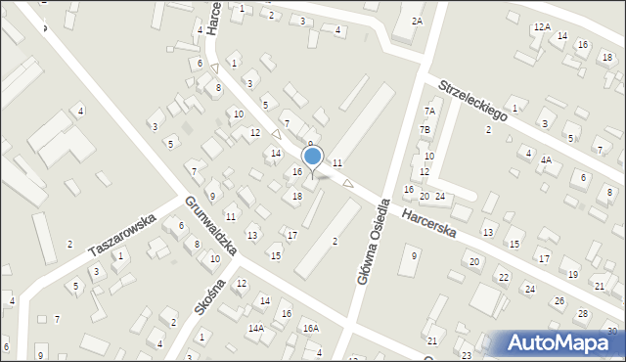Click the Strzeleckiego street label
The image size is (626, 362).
click(x=472, y=100)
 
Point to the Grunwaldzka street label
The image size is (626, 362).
click(x=210, y=225)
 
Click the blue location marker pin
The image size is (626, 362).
click(x=313, y=158)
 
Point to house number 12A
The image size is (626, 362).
click(x=542, y=27)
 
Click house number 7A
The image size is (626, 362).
click(x=427, y=112)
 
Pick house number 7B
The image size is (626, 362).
click(x=425, y=129)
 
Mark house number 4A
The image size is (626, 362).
click(x=547, y=159)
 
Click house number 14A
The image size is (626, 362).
click(x=255, y=329)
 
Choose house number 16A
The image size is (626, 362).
click(x=311, y=328)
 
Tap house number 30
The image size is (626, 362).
click(x=612, y=331)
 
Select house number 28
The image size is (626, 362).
click(x=583, y=313)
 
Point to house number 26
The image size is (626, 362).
click(x=558, y=300)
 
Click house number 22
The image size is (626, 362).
click(x=503, y=278)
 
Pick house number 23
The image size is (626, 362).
click(x=467, y=354)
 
